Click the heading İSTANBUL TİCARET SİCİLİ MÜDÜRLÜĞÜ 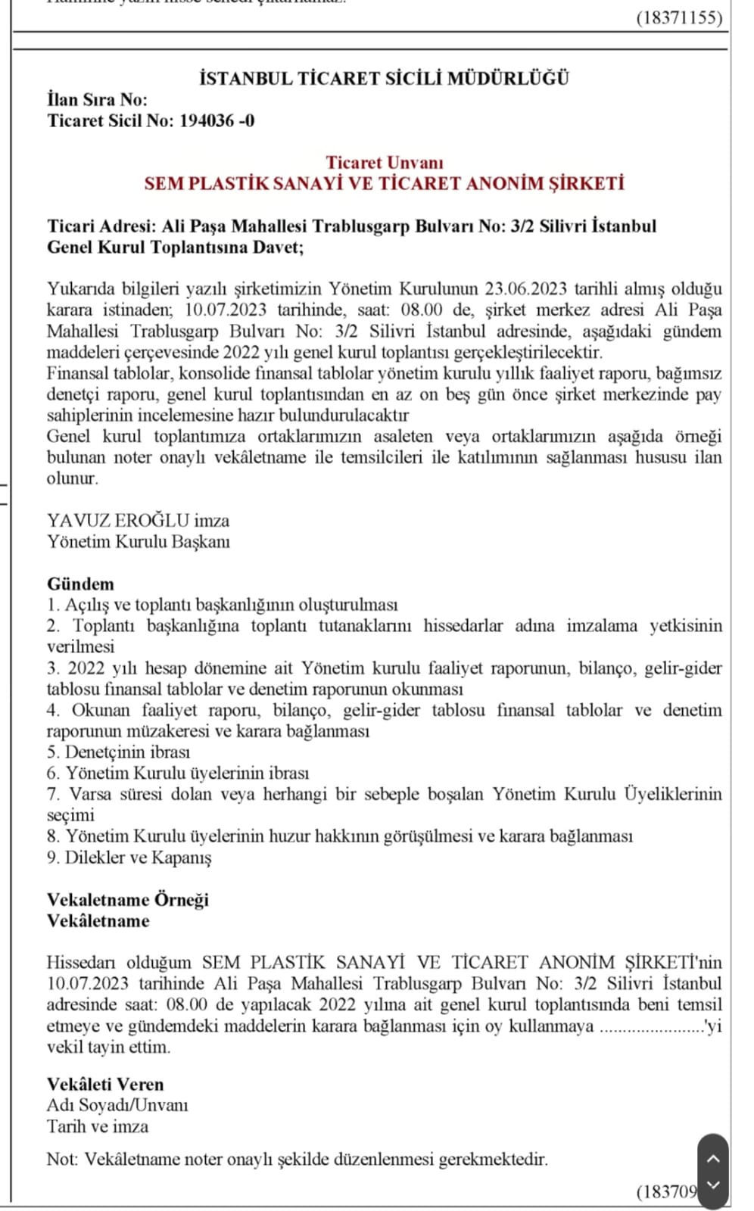coord(383,78)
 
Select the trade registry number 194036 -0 coord(217,120)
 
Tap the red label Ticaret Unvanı coord(384,162)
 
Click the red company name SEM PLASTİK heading coord(384,183)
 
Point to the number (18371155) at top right coord(679,17)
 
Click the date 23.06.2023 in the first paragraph coord(527,288)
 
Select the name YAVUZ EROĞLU coord(117,520)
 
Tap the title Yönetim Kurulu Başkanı coord(138,541)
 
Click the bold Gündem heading coord(80,584)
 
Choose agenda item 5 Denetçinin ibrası coord(118,752)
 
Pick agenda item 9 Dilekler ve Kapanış coord(129,857)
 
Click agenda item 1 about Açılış coord(222,605)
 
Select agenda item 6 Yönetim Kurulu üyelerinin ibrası coord(178,773)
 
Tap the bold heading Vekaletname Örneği coord(127,899)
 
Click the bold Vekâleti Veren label coord(104,1084)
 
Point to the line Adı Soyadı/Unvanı coord(117,1105)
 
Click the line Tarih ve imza coord(97,1126)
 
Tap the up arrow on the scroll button coord(712,1158)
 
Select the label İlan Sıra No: coord(97,99)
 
